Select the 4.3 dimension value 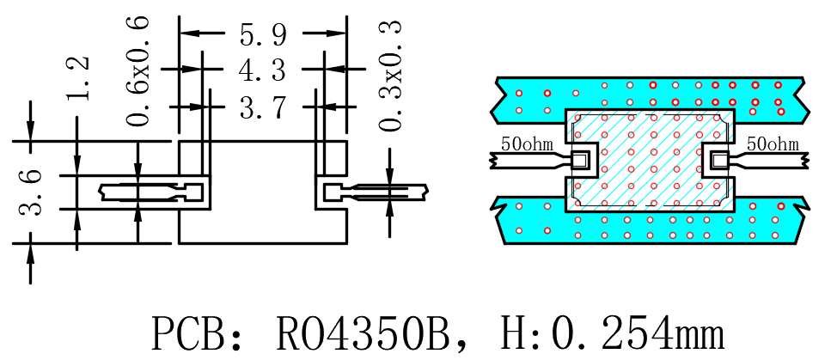pyautogui.click(x=264, y=70)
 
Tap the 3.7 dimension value pyautogui.click(x=264, y=107)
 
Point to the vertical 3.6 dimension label pyautogui.click(x=30, y=192)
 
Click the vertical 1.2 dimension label pyautogui.click(x=77, y=78)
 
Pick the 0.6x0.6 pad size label pyautogui.click(x=138, y=71)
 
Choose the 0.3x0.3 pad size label pyautogui.click(x=391, y=75)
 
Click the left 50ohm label pyautogui.click(x=527, y=143)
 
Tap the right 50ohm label pyautogui.click(x=773, y=143)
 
